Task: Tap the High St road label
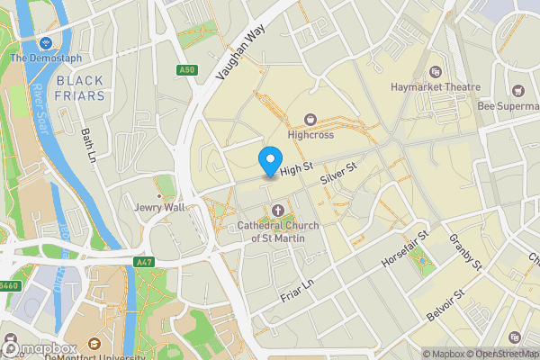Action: pos(295,168)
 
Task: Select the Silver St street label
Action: pos(339,174)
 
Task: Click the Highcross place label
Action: pos(311,135)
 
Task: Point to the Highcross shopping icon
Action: pos(311,119)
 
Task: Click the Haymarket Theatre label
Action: pos(436,87)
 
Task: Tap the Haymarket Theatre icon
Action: pos(436,71)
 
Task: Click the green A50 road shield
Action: pos(186,69)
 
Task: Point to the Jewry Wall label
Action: pos(159,207)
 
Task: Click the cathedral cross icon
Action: pos(277,210)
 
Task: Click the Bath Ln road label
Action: pos(88,145)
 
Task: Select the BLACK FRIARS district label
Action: pos(80,87)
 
